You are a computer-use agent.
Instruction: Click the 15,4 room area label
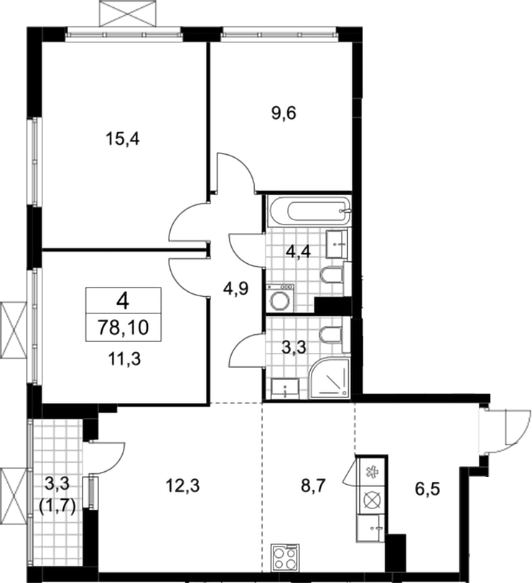(123, 140)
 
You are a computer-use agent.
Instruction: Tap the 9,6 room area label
(284, 113)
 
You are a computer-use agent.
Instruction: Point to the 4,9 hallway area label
(235, 288)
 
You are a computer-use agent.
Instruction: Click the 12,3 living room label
(182, 485)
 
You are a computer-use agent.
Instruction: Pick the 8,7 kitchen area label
(314, 486)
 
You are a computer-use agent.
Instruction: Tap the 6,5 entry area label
(427, 489)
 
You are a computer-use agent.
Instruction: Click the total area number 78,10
(123, 328)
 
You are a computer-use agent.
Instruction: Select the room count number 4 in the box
(123, 300)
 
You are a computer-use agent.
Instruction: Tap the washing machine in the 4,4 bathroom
(280, 298)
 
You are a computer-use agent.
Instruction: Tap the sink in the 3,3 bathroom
(285, 389)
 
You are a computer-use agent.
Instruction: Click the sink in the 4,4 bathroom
(337, 244)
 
